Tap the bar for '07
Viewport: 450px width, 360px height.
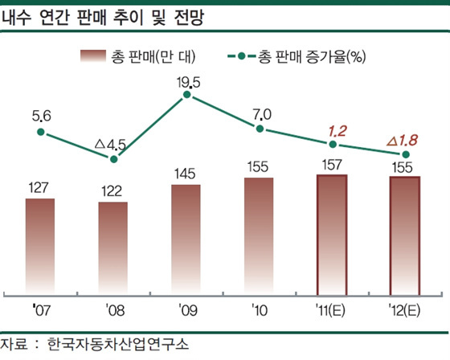click(40, 245)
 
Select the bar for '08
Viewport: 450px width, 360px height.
click(113, 247)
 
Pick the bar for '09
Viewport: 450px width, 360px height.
click(186, 239)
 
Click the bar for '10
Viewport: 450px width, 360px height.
click(260, 235)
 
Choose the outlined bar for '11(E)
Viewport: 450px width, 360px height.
click(332, 234)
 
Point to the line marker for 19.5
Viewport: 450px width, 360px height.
click(186, 95)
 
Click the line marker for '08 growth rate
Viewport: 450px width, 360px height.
click(113, 159)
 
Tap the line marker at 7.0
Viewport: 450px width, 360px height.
click(260, 129)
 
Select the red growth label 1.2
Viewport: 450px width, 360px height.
click(332, 129)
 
